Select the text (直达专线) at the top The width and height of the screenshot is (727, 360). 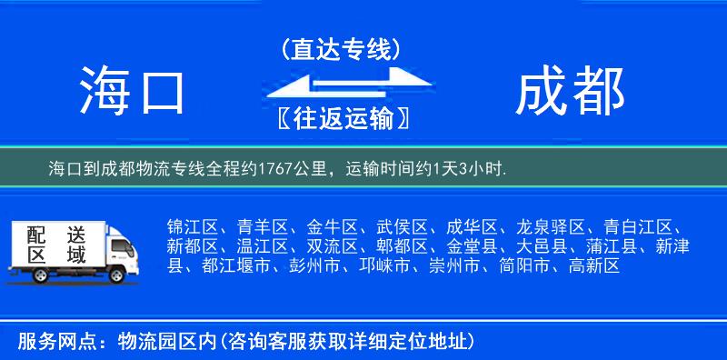[341, 49]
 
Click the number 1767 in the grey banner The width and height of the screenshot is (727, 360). [277, 169]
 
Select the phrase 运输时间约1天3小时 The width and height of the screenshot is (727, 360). [426, 169]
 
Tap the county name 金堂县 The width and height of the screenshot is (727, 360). [469, 246]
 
